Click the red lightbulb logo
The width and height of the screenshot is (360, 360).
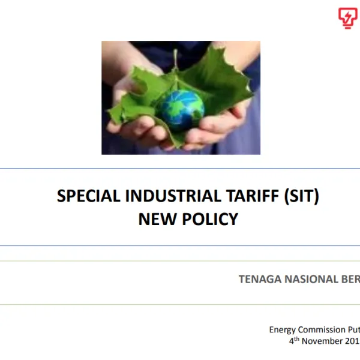tap(347, 18)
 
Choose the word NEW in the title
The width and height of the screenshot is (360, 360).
tap(155, 219)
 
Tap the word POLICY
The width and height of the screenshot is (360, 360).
tap(207, 219)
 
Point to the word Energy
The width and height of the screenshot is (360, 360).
tap(282, 329)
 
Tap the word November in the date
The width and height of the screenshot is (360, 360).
tap(324, 340)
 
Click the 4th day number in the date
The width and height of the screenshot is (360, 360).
tap(293, 340)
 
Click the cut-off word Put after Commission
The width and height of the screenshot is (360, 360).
tap(353, 329)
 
